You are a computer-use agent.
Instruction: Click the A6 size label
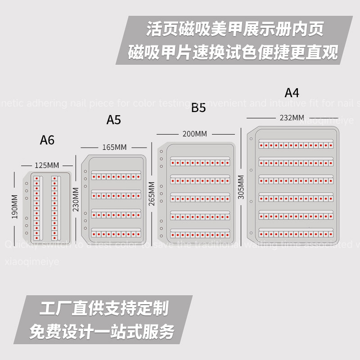click(47, 140)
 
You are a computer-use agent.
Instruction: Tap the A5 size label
click(114, 120)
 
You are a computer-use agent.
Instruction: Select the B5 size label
click(198, 108)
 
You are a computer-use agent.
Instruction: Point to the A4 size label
click(292, 93)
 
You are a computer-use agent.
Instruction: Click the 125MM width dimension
click(47, 165)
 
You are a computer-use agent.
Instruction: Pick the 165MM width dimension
click(114, 147)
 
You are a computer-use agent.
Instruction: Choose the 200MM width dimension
click(195, 134)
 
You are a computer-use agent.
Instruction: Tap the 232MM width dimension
click(292, 117)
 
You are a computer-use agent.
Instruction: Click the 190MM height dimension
click(15, 207)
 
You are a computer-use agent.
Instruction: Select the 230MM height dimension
click(76, 199)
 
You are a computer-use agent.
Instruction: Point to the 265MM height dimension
click(152, 192)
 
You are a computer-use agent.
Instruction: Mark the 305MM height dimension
click(241, 187)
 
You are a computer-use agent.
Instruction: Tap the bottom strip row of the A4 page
click(296, 234)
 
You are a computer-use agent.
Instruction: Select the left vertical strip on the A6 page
click(36, 207)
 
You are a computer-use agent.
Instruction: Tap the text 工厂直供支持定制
click(104, 309)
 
